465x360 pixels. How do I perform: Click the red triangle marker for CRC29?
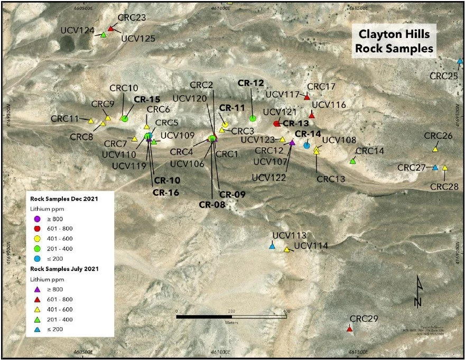click(x=349, y=329)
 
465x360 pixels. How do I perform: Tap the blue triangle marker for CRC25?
click(x=460, y=61)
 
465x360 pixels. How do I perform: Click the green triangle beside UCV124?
click(x=104, y=35)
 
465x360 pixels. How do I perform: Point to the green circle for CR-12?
click(x=253, y=118)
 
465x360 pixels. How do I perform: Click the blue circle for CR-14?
click(x=307, y=145)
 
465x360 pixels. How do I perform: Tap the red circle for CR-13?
click(x=276, y=124)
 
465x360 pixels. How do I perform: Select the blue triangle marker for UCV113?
click(x=272, y=247)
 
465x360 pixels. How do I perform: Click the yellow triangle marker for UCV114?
click(x=287, y=250)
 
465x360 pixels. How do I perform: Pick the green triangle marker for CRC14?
click(x=352, y=161)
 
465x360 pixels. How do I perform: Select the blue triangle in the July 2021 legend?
click(x=37, y=329)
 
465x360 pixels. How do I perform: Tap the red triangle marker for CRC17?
click(x=307, y=97)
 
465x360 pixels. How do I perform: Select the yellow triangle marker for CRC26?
click(x=435, y=149)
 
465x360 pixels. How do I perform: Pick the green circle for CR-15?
click(x=125, y=119)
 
